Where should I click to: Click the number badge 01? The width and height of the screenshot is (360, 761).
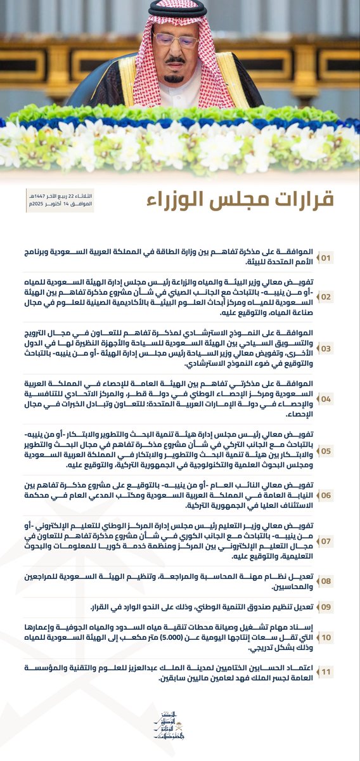coord(343,259)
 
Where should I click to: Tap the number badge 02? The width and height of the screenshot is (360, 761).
coord(343,296)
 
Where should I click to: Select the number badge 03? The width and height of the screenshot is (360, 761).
coord(343,349)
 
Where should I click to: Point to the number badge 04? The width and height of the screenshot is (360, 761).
coord(343,399)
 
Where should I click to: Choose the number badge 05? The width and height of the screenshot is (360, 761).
coord(343,451)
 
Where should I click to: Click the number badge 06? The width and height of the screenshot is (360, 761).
coord(343,495)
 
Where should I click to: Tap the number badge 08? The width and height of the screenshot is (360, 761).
coord(343,580)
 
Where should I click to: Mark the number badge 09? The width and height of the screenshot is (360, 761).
coord(343,606)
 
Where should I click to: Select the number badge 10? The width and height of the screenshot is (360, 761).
coord(343,636)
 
